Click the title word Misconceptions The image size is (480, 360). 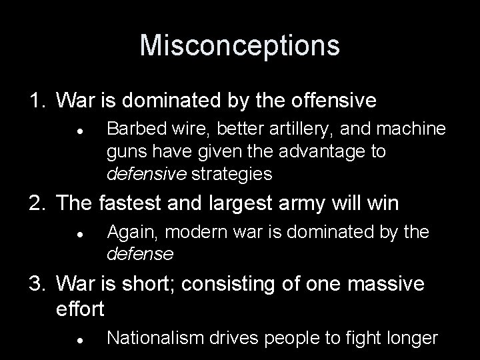(239, 45)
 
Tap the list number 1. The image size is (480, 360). (35, 101)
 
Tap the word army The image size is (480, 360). (289, 204)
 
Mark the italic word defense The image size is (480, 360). (140, 254)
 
